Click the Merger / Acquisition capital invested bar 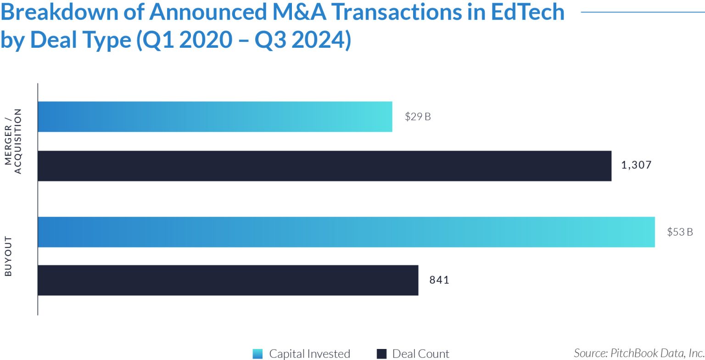click(x=215, y=117)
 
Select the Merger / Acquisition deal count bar click(x=324, y=166)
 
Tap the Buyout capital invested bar click(x=346, y=232)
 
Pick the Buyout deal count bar click(x=228, y=280)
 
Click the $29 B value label click(x=418, y=117)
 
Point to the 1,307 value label click(x=636, y=165)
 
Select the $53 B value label click(x=680, y=232)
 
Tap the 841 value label click(x=439, y=280)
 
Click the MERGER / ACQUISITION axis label click(x=13, y=141)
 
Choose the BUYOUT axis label click(x=8, y=256)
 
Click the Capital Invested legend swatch click(x=258, y=354)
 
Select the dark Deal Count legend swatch click(x=381, y=354)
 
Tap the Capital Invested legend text click(x=309, y=354)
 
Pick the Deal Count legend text click(x=420, y=354)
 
